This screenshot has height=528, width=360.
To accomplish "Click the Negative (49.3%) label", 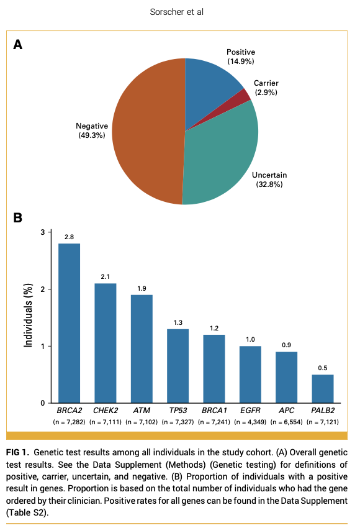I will coord(91,130).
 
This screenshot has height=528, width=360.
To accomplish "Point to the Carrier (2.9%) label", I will coord(266,88).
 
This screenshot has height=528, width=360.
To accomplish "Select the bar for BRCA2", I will coord(69,323).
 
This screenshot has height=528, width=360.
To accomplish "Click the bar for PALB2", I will coord(323,388).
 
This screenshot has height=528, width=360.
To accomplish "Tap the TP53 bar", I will coord(178,366).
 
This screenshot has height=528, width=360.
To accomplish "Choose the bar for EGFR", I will coord(250,375).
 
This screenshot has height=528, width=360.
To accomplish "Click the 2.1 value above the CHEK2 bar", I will coord(105,276).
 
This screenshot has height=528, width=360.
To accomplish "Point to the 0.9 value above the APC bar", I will coord(286,344).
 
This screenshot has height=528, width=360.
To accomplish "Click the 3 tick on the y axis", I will coord(43,232).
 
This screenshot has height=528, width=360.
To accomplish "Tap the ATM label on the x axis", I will coord(142,411).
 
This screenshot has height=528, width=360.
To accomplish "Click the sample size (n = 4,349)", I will coord(251,422).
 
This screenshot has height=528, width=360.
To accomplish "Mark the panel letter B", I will coord(18,218).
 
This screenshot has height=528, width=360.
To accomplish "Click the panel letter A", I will coord(18,44).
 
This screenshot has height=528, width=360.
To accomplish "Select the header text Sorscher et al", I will coord(179,12).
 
